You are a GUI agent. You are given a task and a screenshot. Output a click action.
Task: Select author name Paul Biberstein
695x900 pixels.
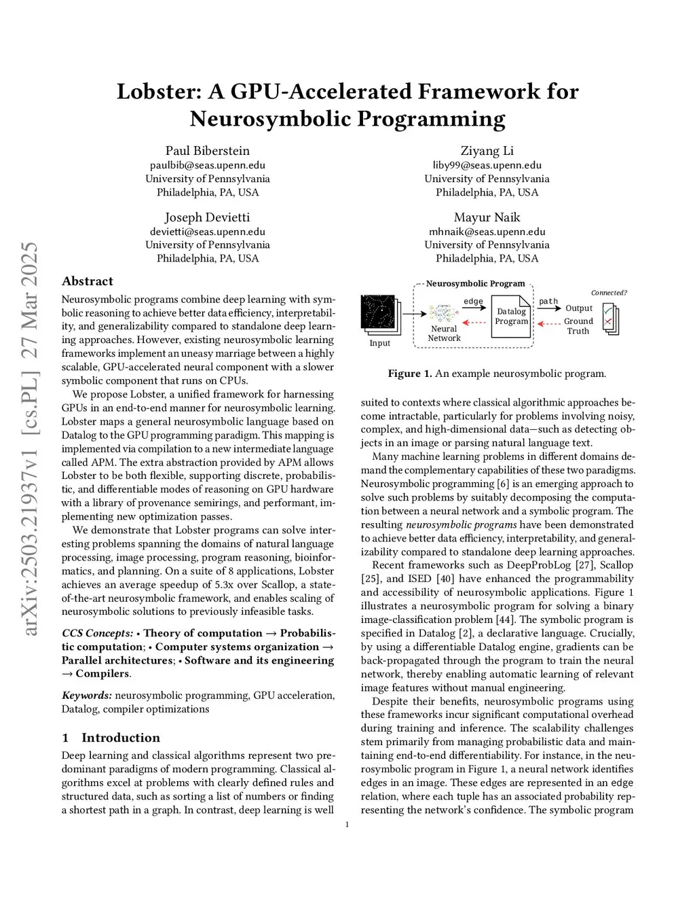coord(207,151)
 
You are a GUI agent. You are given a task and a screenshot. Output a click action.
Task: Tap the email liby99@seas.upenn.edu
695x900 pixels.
coord(487,165)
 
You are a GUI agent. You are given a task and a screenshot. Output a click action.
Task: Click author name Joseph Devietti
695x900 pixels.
coord(207,217)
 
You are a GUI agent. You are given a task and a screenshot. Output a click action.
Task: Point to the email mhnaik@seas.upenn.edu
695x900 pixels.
coord(487,232)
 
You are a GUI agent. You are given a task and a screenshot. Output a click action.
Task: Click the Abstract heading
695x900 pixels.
coord(88,281)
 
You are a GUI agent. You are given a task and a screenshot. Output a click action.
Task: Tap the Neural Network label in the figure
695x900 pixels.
coord(444,334)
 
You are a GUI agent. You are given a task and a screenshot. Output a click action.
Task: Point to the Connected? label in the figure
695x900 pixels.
coord(609,293)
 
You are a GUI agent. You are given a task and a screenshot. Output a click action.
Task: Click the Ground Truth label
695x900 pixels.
coord(578,326)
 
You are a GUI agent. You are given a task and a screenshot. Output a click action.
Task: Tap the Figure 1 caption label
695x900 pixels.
coord(409,374)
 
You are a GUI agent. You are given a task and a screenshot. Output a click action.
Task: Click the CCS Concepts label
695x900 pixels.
coord(97,633)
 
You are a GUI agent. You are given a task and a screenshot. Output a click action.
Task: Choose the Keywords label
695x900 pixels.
coord(86,696)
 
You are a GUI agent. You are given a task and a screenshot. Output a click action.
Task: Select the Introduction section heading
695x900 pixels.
coord(121,738)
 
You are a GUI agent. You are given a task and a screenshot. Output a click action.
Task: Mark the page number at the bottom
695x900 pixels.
coord(347,825)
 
